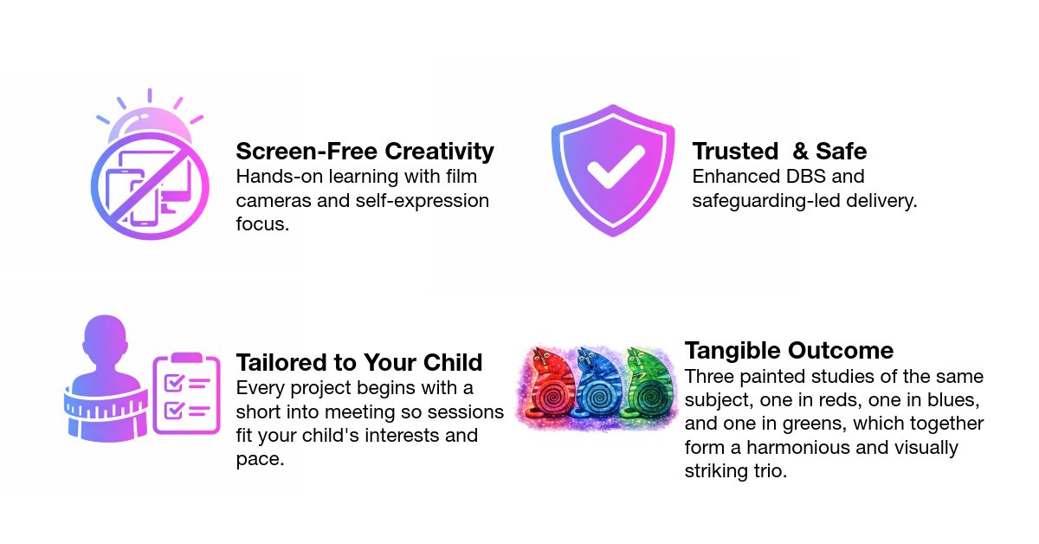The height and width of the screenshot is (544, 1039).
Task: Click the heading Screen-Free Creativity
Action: pos(365,151)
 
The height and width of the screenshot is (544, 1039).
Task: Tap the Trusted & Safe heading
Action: pos(779,151)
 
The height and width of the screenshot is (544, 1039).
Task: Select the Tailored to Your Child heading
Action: pos(359,361)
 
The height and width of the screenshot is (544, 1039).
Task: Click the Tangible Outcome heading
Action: pos(789,351)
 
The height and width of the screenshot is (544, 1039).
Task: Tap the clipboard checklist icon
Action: pos(186,393)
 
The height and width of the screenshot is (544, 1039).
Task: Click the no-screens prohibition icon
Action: pos(149,186)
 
